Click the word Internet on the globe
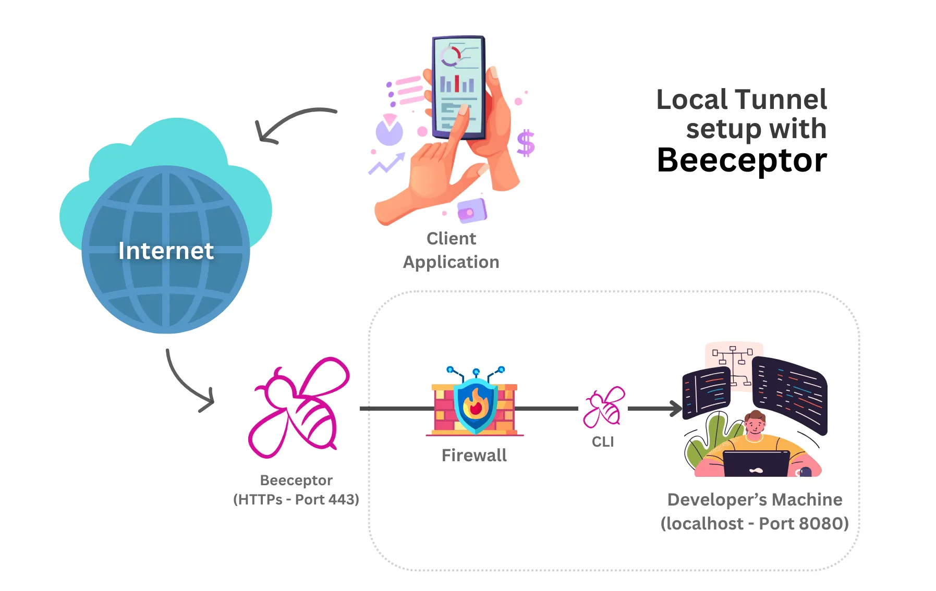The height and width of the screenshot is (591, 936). coord(166,251)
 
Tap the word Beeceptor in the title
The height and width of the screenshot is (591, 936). coord(741,161)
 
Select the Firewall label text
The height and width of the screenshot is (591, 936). coord(474,455)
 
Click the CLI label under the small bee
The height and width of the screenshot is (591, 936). coord(603,442)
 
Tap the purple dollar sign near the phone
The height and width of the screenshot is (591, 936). coord(526,143)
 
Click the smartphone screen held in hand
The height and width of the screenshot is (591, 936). coord(457,86)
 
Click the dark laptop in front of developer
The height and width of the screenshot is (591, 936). coord(757,464)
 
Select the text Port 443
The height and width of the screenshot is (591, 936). coord(327,499)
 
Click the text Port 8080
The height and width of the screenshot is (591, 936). coord(804,523)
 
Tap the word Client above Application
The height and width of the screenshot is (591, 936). coord(451,239)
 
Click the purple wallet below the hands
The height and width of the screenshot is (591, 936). coord(472,211)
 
